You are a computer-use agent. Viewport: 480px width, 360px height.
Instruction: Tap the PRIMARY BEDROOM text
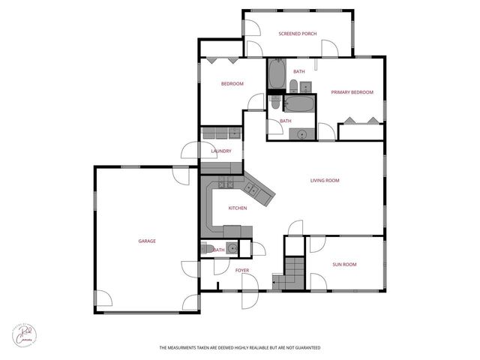[352, 92]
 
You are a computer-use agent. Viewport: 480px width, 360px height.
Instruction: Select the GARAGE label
[147, 241]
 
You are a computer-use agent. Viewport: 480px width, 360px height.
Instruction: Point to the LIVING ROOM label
[325, 180]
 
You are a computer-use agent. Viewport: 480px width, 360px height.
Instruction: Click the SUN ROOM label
[344, 264]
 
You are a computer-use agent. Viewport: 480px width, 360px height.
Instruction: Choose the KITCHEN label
[238, 208]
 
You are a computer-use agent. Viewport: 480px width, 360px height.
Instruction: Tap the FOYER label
[241, 270]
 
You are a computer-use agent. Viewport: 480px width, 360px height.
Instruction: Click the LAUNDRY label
[220, 151]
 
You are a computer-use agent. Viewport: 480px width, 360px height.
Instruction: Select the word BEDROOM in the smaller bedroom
[232, 84]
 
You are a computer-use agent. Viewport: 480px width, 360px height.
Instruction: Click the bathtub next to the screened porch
[276, 75]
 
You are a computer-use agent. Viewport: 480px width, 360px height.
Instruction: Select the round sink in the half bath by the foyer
[232, 249]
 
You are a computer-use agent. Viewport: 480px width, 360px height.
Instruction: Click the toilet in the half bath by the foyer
[205, 249]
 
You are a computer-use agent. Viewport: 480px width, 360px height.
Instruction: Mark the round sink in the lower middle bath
[301, 134]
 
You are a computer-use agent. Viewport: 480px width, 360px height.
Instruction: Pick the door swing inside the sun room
[317, 244]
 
